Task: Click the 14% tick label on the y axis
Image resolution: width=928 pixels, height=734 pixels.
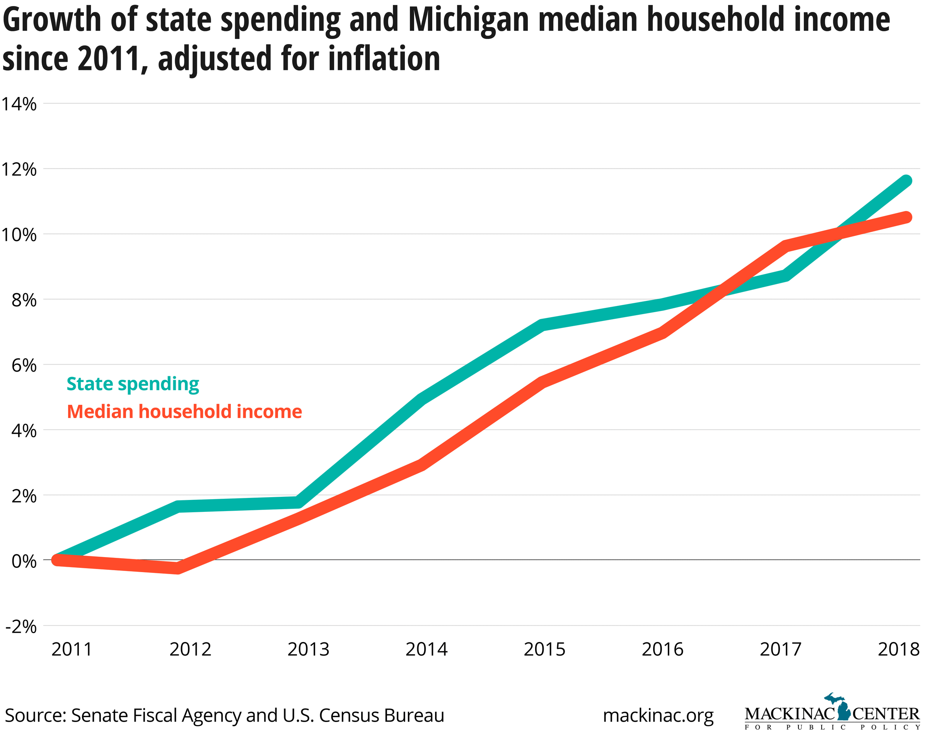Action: pyautogui.click(x=19, y=104)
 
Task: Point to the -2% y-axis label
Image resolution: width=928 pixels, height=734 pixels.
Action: pyautogui.click(x=20, y=627)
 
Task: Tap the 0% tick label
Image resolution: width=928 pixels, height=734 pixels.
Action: pyautogui.click(x=24, y=561)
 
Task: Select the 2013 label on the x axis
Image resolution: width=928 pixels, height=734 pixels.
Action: pyautogui.click(x=308, y=649)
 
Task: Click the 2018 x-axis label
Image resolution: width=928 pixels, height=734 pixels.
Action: pyautogui.click(x=898, y=649)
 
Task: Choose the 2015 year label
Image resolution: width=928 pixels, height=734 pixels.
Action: pyautogui.click(x=544, y=649)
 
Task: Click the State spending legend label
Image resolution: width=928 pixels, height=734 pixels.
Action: pyautogui.click(x=133, y=384)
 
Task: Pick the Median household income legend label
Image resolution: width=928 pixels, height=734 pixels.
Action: pyautogui.click(x=184, y=412)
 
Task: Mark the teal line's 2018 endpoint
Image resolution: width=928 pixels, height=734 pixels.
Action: pyautogui.click(x=906, y=180)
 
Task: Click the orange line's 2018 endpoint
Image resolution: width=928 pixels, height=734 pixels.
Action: pyautogui.click(x=906, y=217)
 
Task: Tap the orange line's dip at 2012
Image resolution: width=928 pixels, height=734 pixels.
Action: pyautogui.click(x=177, y=568)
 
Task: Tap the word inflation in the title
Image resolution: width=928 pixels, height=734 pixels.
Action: pyautogui.click(x=384, y=59)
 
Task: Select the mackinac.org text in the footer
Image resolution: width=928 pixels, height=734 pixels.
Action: pyautogui.click(x=658, y=715)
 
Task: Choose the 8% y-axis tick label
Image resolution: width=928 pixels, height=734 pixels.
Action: pyautogui.click(x=24, y=300)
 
